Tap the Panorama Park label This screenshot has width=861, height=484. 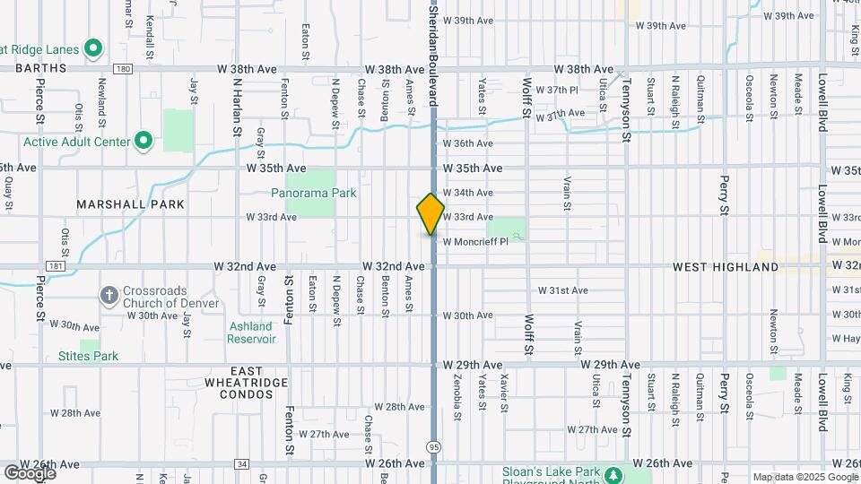tap(314, 193)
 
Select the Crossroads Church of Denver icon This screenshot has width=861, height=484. tap(109, 295)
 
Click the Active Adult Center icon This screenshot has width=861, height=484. tap(143, 141)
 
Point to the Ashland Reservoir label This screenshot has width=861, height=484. tap(251, 333)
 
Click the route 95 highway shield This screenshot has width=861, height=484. tap(435, 445)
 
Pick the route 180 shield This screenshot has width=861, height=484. tap(123, 69)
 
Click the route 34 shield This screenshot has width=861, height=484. tap(242, 463)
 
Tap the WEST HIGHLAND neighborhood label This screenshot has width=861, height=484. tap(726, 267)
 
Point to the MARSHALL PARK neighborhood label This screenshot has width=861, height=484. tap(130, 204)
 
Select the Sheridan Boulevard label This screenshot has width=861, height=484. tap(433, 54)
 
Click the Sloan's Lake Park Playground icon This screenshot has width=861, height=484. tap(613, 474)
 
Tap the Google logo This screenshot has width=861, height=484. tap(29, 472)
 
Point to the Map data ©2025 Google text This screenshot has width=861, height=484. tap(804, 477)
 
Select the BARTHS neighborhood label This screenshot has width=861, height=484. tap(40, 68)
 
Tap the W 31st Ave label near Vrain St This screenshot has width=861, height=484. tap(563, 290)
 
